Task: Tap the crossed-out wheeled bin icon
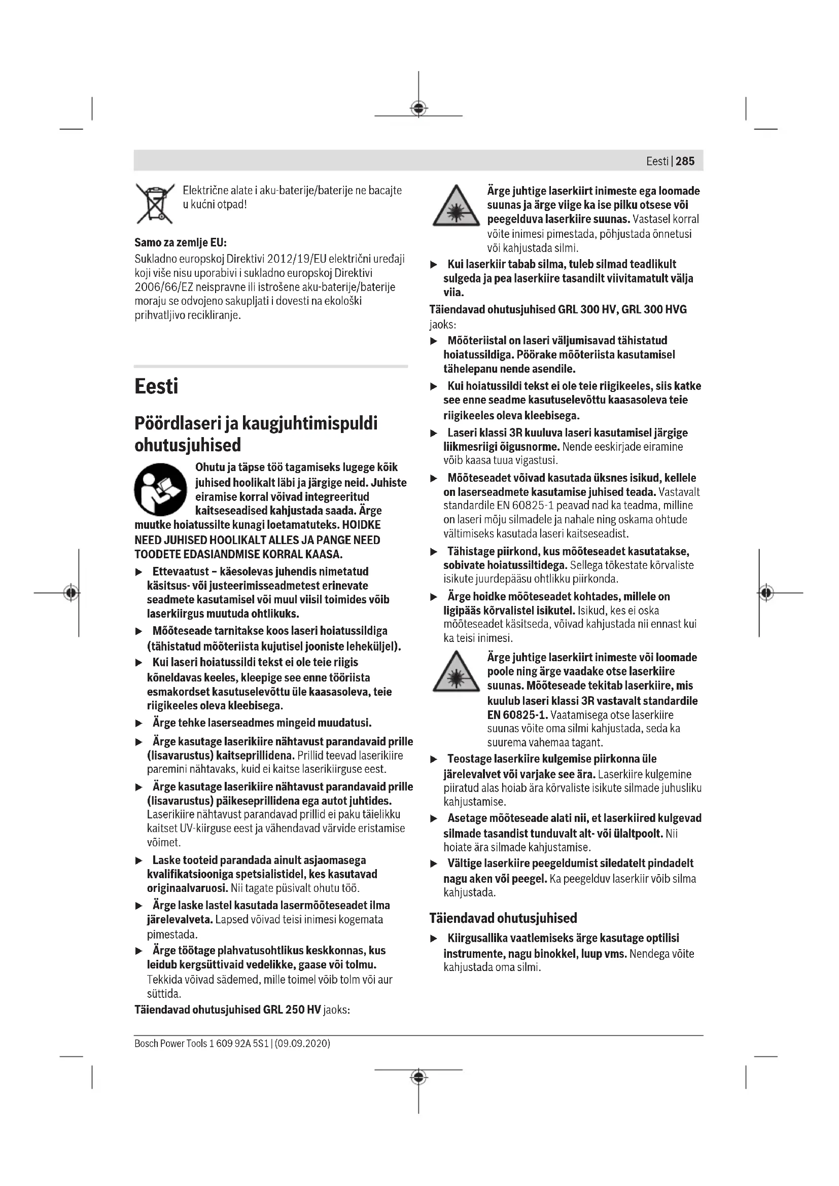(x=155, y=203)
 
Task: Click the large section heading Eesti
(x=156, y=386)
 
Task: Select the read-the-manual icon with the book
(x=161, y=489)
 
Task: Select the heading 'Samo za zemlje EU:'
(x=180, y=242)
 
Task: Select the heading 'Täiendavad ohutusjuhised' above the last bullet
(x=503, y=918)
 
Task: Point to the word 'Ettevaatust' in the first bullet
(x=183, y=571)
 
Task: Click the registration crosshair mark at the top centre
(x=418, y=109)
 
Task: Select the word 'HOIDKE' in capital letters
(x=361, y=525)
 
